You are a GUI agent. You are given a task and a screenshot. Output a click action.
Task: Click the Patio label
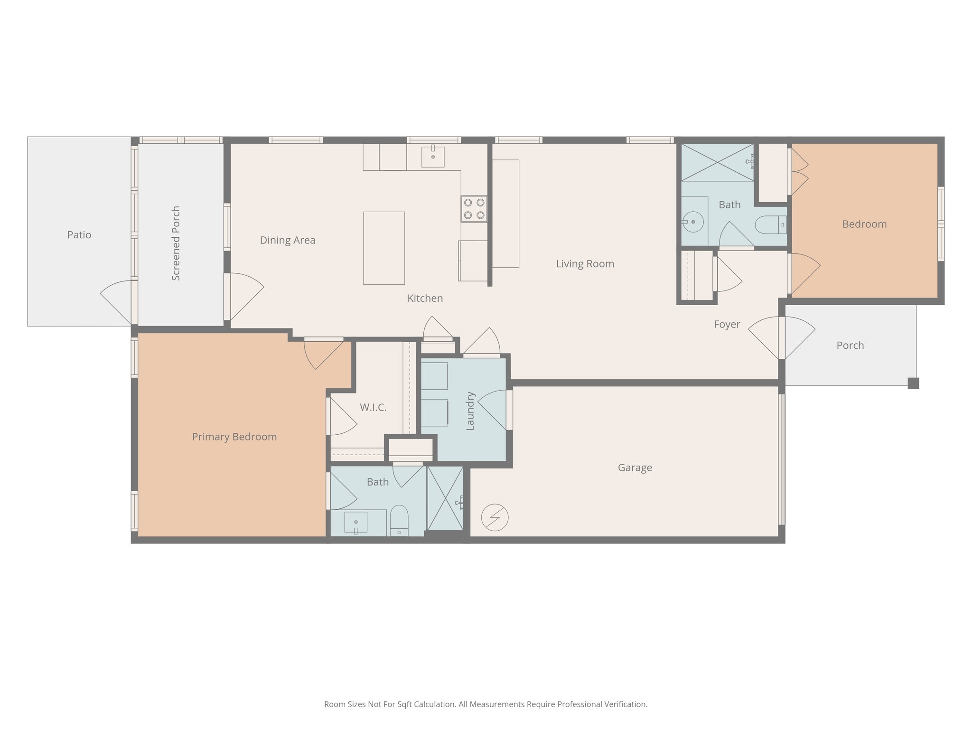pos(79,235)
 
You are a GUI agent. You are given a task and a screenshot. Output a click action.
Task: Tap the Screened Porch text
pos(176,243)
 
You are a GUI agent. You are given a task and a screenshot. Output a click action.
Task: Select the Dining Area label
pos(288,240)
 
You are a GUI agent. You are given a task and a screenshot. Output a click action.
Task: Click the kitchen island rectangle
pos(384,248)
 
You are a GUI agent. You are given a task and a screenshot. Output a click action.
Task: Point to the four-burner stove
pos(474,209)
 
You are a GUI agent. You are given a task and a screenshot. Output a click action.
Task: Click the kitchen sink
pos(433,156)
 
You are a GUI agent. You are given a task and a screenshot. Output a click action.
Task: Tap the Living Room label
pos(585,264)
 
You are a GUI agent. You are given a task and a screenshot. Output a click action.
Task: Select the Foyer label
pos(727,325)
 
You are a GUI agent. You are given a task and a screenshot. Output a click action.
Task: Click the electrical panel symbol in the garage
pos(495,517)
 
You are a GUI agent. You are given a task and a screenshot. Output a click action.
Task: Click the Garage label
pos(635,468)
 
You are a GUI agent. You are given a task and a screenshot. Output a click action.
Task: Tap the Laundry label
pos(470,411)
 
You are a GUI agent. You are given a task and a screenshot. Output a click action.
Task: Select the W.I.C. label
pos(373,407)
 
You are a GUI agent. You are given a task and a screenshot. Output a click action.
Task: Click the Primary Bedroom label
pos(234,437)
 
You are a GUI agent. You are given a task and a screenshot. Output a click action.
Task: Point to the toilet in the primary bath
pos(399,520)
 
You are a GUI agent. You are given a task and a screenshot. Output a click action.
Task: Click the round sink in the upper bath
pos(693,222)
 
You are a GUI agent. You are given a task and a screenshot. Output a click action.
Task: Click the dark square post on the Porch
pos(913,383)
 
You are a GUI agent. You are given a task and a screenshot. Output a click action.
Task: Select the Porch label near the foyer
pos(850,346)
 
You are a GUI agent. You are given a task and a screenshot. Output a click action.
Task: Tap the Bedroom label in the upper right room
pos(864,224)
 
